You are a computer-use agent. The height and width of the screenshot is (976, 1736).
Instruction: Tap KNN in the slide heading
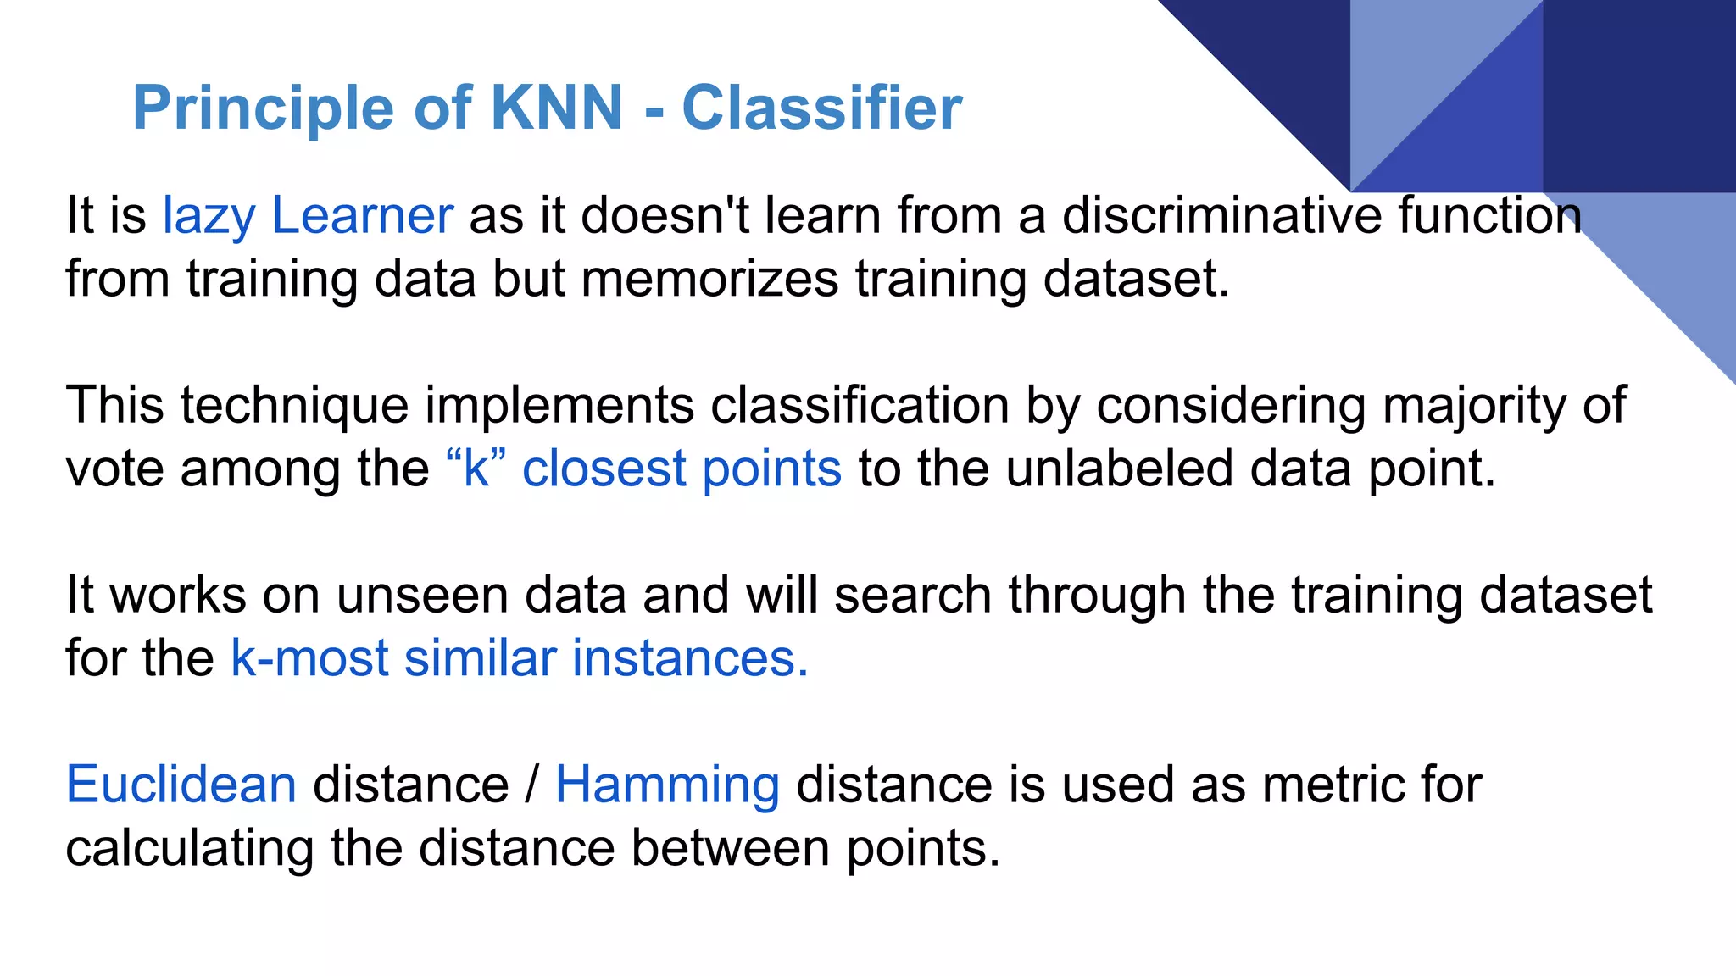(557, 108)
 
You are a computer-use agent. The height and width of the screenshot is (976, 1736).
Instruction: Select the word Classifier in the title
(821, 108)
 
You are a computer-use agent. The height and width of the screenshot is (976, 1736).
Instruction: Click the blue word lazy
(209, 216)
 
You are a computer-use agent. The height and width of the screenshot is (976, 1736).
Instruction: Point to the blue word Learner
(362, 216)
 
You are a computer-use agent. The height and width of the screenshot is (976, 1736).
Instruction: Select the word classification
(860, 406)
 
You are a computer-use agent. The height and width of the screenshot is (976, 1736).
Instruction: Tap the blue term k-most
(309, 658)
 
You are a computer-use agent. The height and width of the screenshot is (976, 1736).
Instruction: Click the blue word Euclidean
(181, 785)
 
